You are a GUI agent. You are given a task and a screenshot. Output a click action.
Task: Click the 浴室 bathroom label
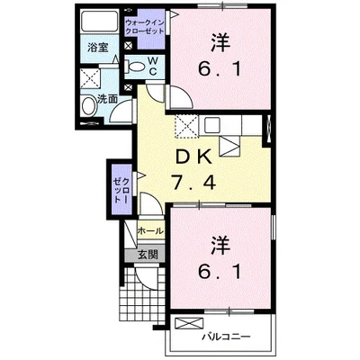(x=98, y=48)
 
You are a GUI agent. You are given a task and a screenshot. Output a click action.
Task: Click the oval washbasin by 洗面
(x=88, y=105)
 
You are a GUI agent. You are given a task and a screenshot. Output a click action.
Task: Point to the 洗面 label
(x=107, y=99)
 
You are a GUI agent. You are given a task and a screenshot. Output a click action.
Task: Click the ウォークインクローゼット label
(x=145, y=27)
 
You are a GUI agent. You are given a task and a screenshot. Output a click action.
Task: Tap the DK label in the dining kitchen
(x=193, y=157)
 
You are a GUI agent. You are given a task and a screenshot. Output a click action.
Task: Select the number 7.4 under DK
(x=193, y=183)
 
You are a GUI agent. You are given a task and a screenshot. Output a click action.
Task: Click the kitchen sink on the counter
(x=212, y=125)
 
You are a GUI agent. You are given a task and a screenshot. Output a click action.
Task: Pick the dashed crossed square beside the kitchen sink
(x=186, y=126)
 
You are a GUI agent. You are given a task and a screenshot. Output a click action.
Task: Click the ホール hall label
(x=150, y=230)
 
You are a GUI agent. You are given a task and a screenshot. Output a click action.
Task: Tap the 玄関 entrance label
(x=148, y=255)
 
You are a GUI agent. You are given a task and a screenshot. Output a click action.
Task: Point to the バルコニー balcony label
(x=226, y=337)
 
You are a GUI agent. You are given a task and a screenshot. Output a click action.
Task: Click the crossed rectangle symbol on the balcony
(x=189, y=324)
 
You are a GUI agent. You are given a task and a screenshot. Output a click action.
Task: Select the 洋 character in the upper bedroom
(x=220, y=43)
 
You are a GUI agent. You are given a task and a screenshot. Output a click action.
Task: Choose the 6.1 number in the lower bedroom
(x=220, y=272)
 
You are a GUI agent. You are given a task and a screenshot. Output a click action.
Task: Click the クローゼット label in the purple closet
(x=121, y=190)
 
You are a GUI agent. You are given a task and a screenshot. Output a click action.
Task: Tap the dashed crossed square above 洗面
(x=90, y=79)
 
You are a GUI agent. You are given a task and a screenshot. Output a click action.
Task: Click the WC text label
(x=153, y=67)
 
